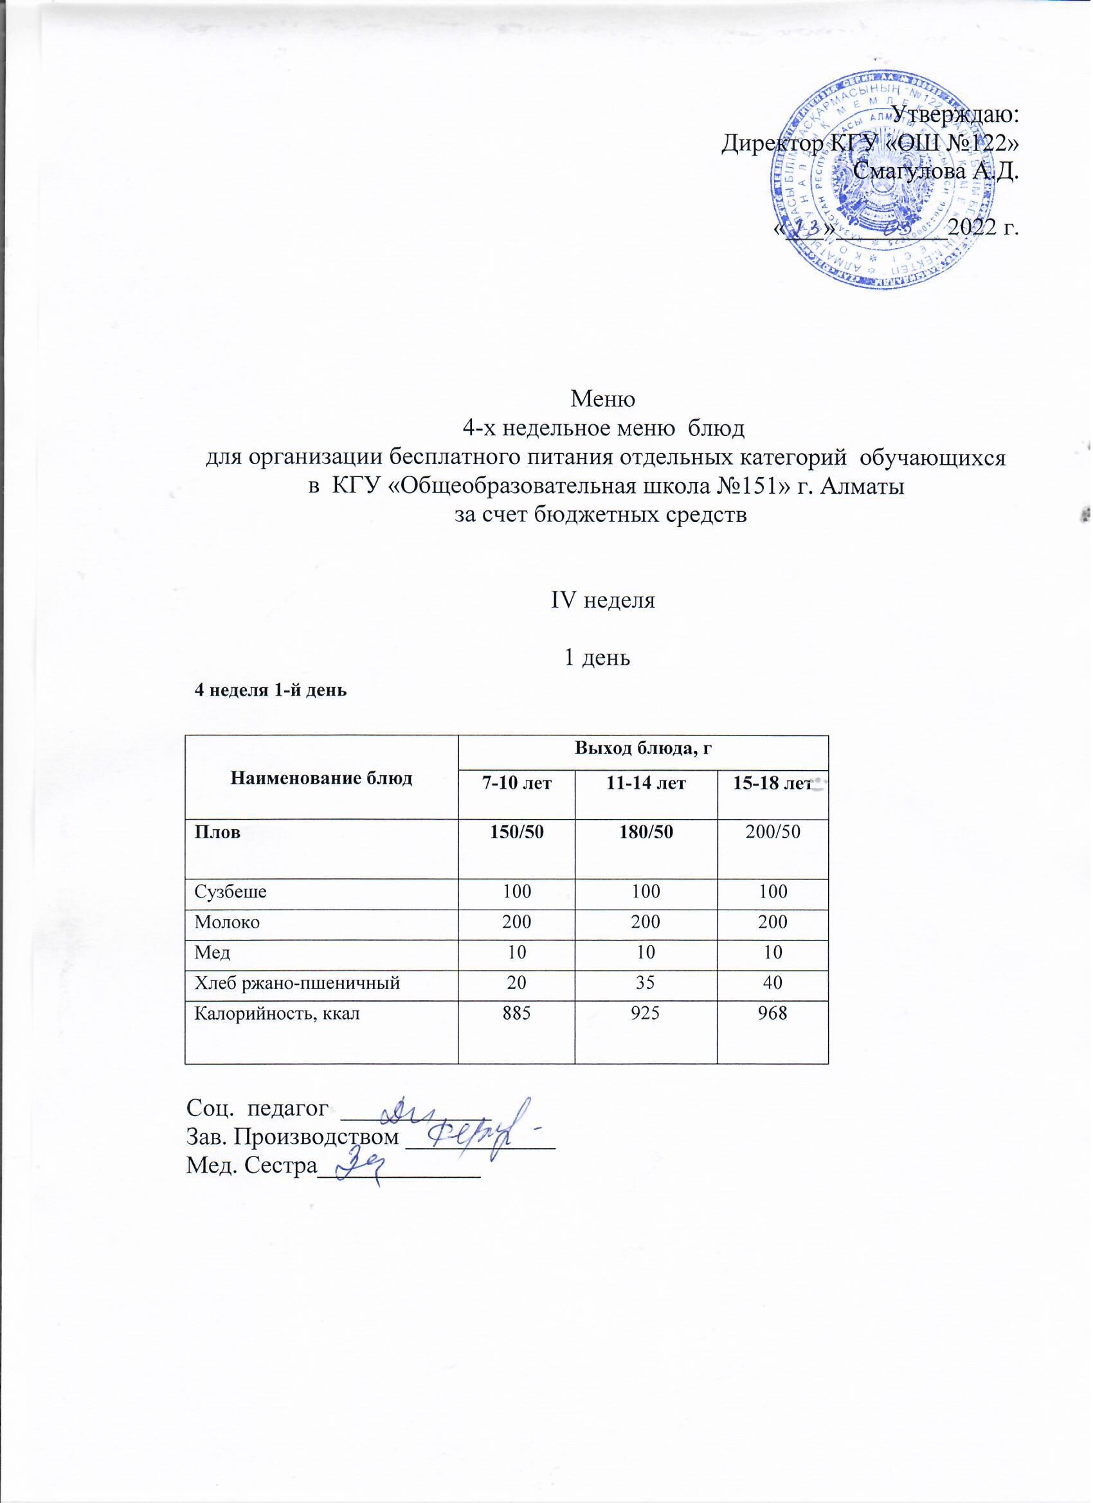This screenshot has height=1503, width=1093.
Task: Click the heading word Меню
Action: coord(603,400)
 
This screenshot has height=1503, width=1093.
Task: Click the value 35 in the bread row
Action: coord(646,984)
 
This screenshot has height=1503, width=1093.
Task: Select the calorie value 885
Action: coord(516,1014)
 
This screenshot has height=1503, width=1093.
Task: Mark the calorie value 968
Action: coord(773,1014)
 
